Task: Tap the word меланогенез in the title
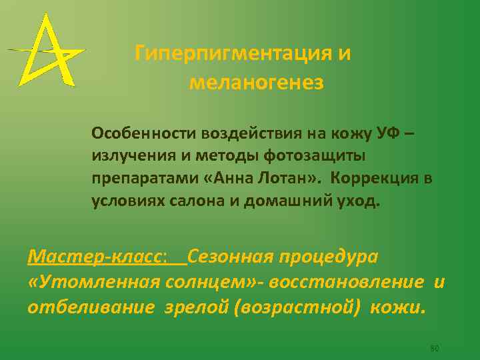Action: pos(257,83)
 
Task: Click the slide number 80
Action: pos(434,349)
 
